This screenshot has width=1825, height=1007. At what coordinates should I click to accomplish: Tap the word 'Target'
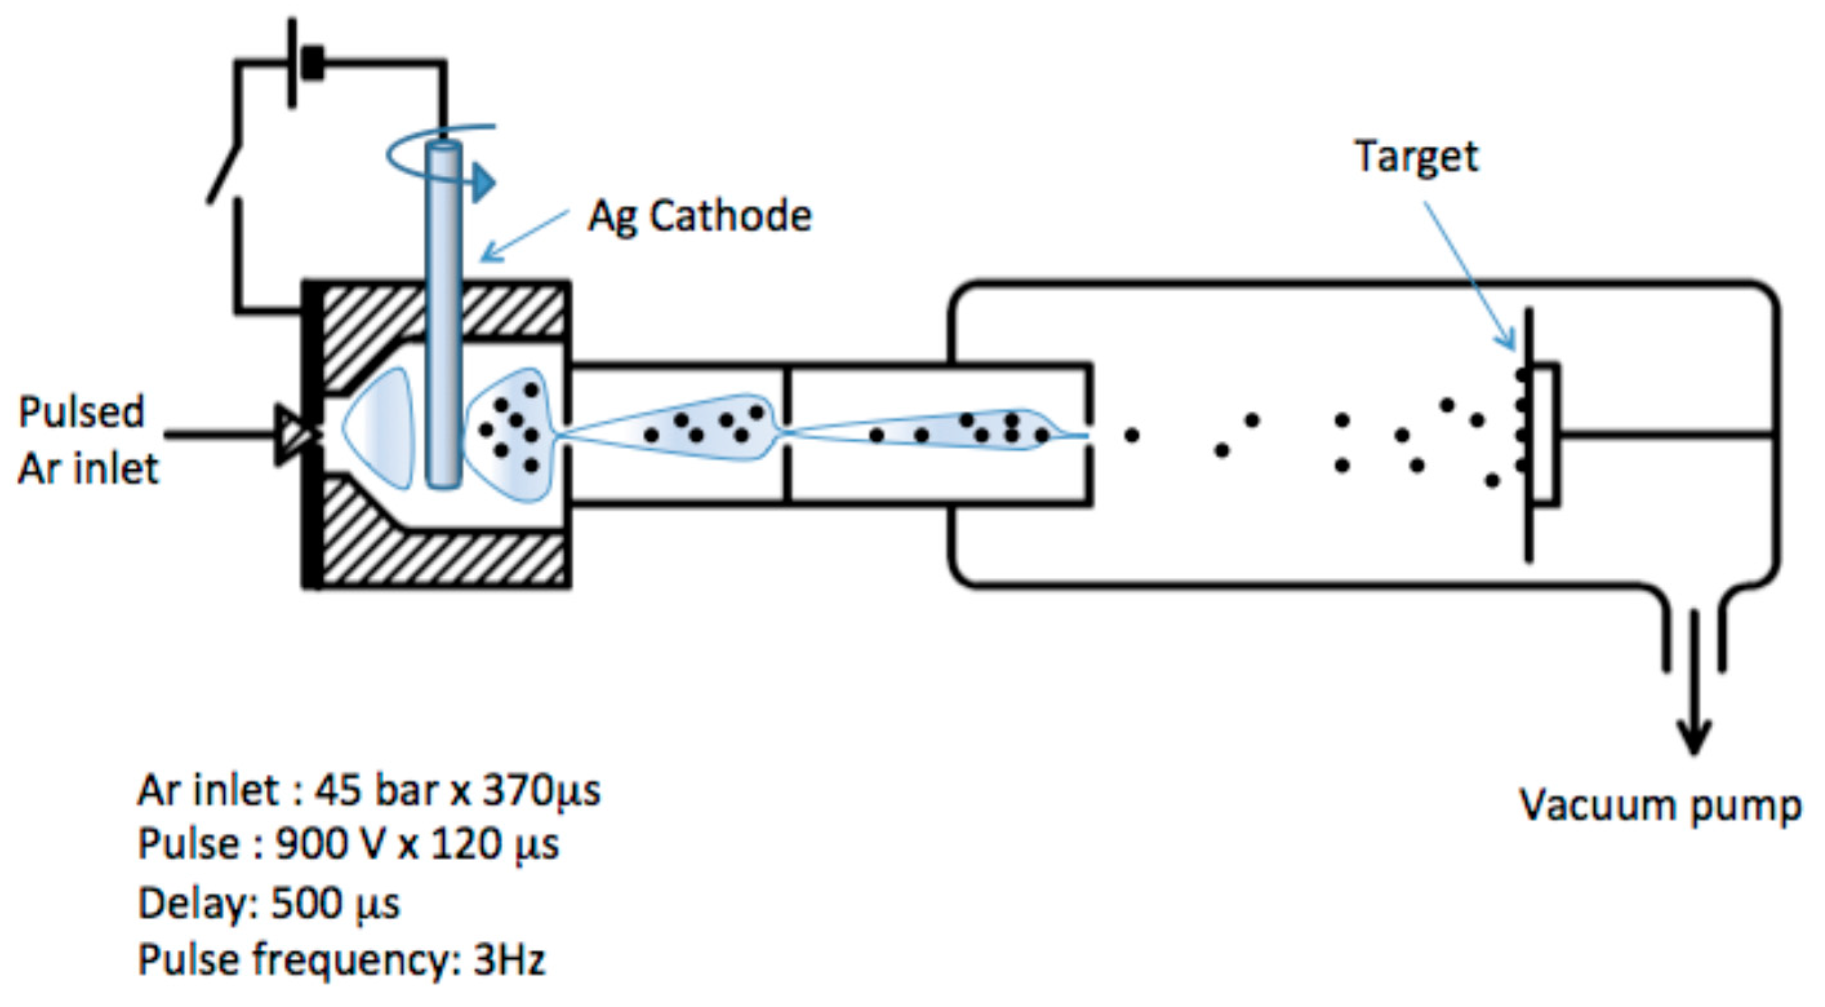1417,157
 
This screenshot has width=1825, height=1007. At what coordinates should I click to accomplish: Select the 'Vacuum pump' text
1660,806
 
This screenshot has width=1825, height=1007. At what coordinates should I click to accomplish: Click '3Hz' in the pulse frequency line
509,960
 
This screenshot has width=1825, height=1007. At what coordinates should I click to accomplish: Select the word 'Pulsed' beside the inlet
81,412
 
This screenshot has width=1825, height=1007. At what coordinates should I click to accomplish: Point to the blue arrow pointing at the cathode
524,234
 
